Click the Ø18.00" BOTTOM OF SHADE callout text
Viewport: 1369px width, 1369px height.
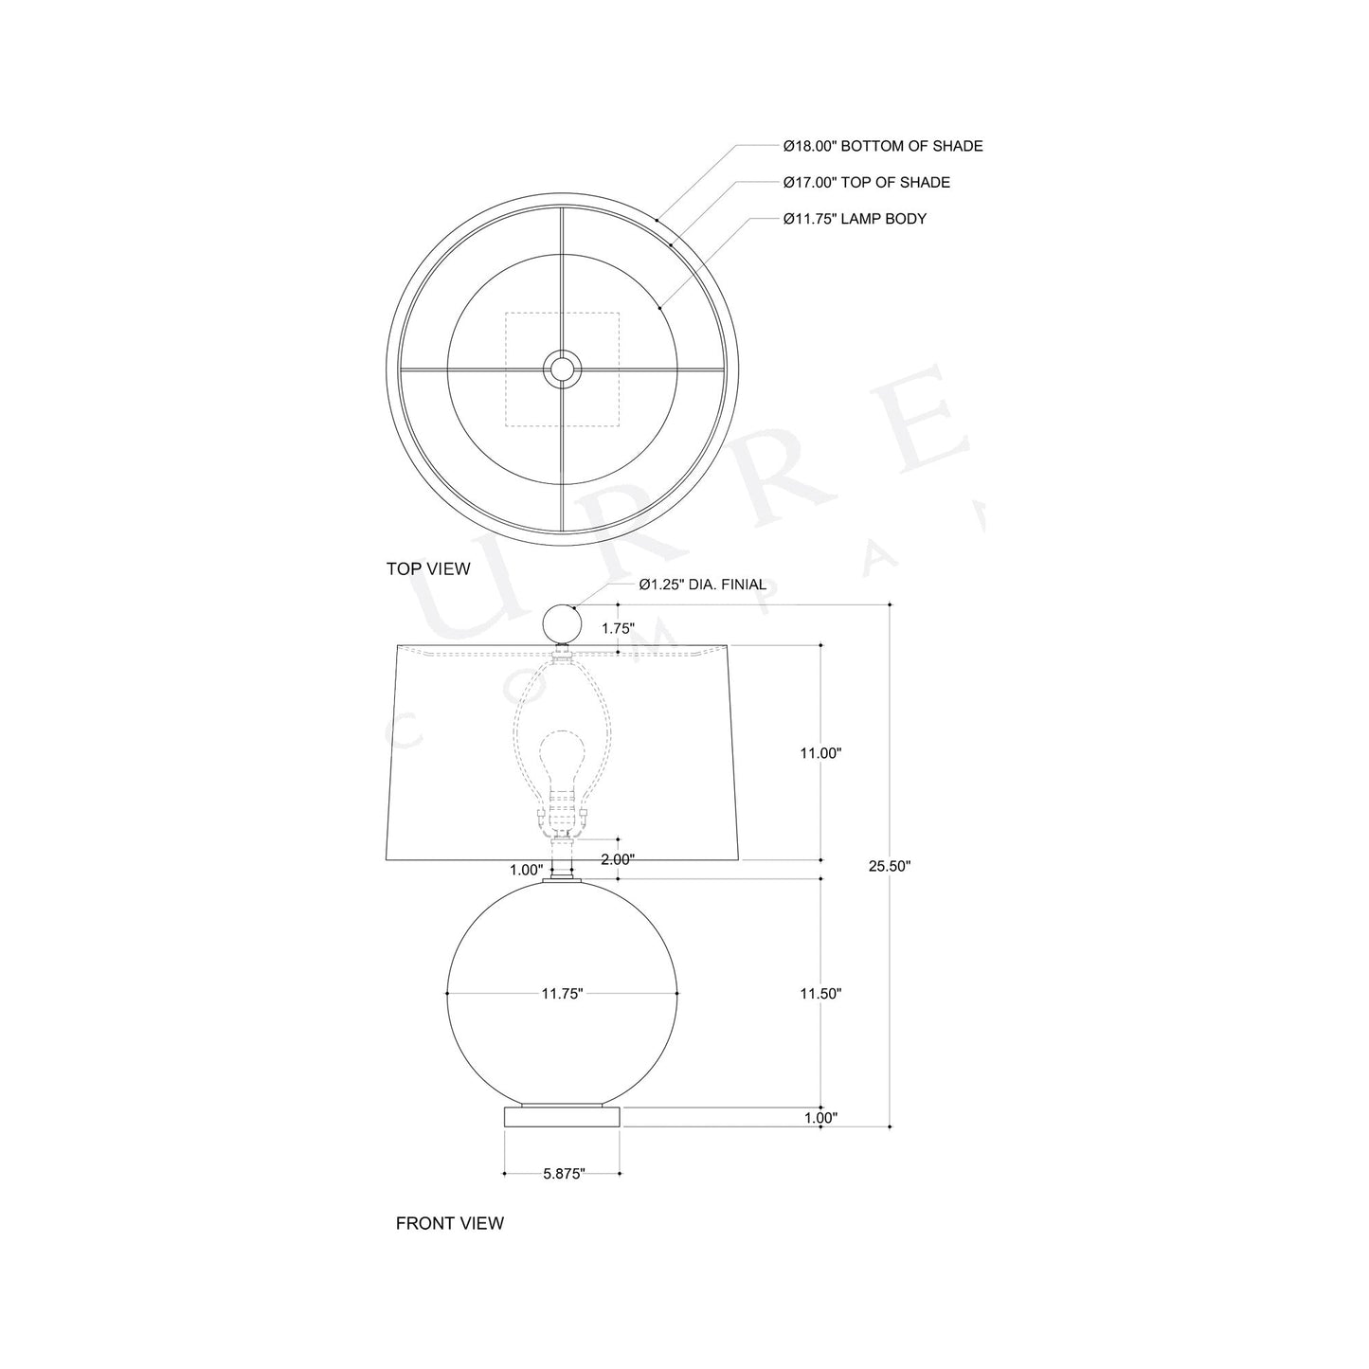882,146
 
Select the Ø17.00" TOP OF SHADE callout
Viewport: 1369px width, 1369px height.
866,182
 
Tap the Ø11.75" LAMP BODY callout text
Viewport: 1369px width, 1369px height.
855,219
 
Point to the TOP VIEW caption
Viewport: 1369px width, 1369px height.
428,568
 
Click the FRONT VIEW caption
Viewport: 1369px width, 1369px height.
449,1223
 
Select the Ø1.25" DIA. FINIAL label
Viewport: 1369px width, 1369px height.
702,585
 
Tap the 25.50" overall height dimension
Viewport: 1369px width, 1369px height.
890,865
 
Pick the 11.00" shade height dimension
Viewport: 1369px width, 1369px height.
820,753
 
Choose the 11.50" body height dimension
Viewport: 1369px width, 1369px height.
820,994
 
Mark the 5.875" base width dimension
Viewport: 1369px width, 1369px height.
564,1174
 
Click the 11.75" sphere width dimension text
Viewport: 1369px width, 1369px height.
562,994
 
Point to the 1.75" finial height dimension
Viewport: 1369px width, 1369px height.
618,628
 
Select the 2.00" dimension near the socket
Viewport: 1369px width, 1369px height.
618,859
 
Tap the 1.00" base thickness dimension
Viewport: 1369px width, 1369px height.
820,1118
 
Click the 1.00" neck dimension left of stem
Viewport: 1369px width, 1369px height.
526,870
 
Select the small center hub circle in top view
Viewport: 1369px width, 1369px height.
563,369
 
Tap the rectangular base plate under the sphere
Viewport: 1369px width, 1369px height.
563,1116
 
